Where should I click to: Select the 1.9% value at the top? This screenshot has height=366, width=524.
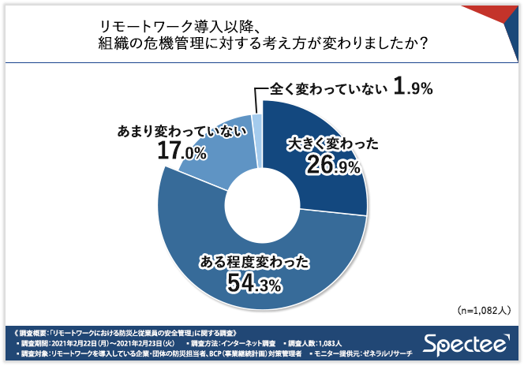[x=414, y=88]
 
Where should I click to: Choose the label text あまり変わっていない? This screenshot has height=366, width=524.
[x=178, y=129]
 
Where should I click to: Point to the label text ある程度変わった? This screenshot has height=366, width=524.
[x=252, y=259]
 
